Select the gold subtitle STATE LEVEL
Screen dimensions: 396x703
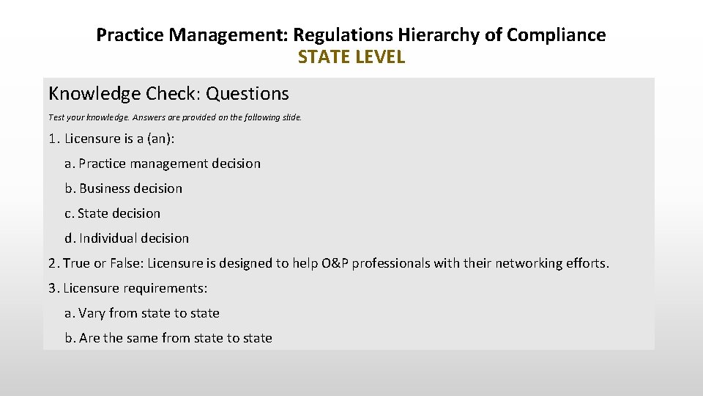click(x=351, y=57)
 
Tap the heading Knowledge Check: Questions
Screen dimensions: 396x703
click(x=168, y=94)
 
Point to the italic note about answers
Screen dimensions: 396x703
click(x=175, y=117)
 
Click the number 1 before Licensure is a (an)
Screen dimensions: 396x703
click(x=52, y=139)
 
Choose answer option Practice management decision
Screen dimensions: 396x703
click(x=169, y=164)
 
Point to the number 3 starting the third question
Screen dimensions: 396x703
click(x=52, y=288)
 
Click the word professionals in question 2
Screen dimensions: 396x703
click(x=393, y=263)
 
